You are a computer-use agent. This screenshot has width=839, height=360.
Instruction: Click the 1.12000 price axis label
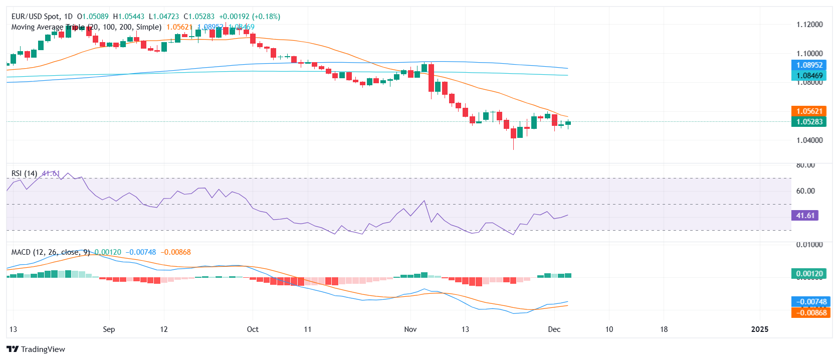point(809,25)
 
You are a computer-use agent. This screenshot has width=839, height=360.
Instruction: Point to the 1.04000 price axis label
point(809,140)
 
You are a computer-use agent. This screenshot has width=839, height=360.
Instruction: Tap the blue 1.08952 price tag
point(809,65)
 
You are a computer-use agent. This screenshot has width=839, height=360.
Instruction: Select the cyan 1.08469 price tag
point(809,76)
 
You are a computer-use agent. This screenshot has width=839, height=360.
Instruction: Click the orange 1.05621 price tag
point(809,111)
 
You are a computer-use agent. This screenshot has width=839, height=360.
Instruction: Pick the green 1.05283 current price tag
point(809,122)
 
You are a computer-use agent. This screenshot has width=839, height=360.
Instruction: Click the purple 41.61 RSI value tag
point(805,216)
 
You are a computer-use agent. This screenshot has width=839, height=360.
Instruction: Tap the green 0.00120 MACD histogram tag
point(809,274)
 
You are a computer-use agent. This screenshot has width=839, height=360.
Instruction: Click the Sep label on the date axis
point(109,329)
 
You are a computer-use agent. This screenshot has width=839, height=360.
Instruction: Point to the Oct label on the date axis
point(253,329)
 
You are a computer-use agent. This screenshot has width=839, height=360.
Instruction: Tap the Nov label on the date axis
point(410,329)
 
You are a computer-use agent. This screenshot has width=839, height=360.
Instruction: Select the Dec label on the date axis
point(554,329)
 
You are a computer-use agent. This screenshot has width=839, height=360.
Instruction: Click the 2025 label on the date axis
point(760,329)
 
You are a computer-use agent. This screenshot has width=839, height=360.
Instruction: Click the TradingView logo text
point(43,349)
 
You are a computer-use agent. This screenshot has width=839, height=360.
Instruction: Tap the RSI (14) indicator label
point(24,173)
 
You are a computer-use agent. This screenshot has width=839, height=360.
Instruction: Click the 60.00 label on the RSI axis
point(805,191)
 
